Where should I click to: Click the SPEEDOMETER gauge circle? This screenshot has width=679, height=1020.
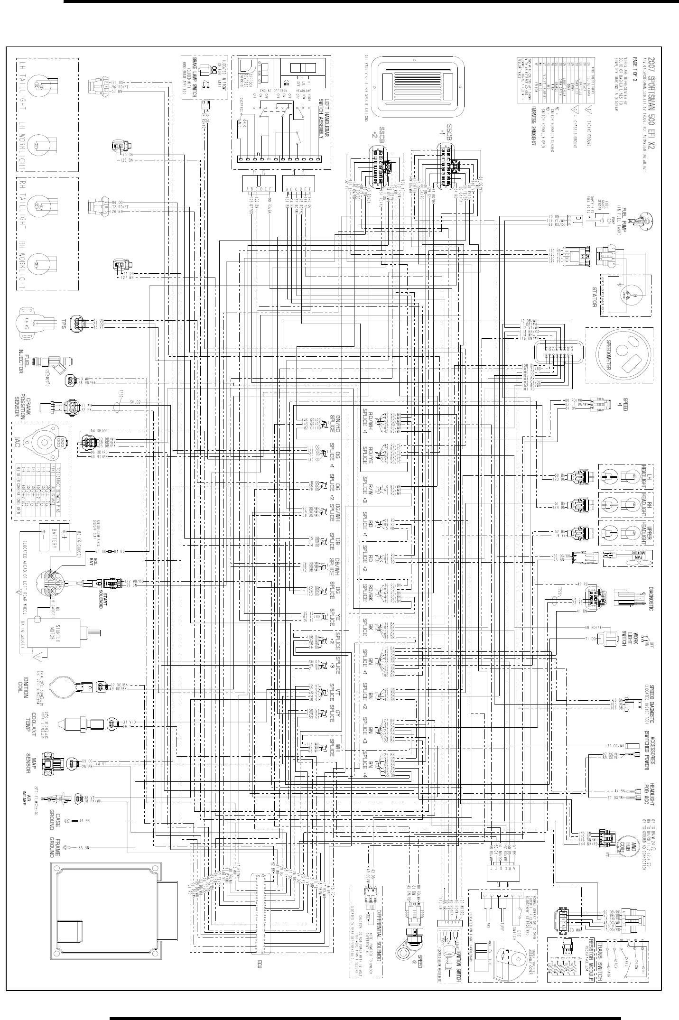(x=619, y=355)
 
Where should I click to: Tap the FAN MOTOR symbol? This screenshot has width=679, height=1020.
(x=626, y=558)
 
